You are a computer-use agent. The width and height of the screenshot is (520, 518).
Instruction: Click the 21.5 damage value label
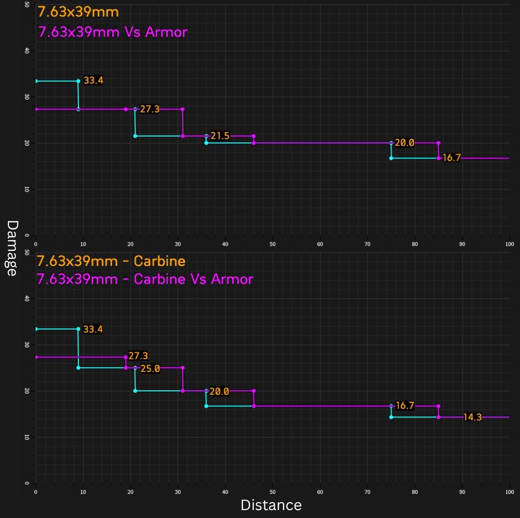pyautogui.click(x=220, y=136)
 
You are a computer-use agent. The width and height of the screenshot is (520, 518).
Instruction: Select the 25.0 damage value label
pyautogui.click(x=150, y=369)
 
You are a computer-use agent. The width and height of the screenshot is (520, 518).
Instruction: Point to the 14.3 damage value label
pyautogui.click(x=472, y=417)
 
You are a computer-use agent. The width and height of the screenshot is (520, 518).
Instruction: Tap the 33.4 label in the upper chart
pyautogui.click(x=93, y=80)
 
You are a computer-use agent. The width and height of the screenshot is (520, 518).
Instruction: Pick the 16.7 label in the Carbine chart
pyautogui.click(x=405, y=406)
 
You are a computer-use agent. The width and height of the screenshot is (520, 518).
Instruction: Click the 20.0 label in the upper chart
pyautogui.click(x=404, y=143)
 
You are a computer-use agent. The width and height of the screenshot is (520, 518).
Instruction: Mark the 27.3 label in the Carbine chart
pyautogui.click(x=138, y=356)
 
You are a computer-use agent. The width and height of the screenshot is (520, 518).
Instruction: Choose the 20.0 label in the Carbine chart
pyautogui.click(x=219, y=391)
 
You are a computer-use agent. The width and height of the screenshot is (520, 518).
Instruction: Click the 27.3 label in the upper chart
pyautogui.click(x=149, y=109)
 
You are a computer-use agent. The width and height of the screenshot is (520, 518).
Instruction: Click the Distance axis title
pyautogui.click(x=271, y=505)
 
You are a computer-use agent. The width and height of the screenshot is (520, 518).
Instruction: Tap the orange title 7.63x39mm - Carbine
pyautogui.click(x=111, y=261)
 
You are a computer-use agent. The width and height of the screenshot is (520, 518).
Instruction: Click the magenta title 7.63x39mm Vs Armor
pyautogui.click(x=113, y=33)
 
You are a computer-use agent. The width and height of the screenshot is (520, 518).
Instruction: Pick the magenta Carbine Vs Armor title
pyautogui.click(x=145, y=279)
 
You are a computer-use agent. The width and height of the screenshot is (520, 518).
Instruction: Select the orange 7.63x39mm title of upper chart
pyautogui.click(x=78, y=11)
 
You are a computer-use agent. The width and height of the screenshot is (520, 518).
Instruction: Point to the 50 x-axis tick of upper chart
pyautogui.click(x=272, y=244)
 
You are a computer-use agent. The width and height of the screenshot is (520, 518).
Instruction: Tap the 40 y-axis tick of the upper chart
pyautogui.click(x=27, y=51)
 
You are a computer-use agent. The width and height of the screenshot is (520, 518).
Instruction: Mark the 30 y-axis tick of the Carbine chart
pyautogui.click(x=27, y=345)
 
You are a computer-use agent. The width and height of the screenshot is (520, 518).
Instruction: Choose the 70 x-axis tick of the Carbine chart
pyautogui.click(x=367, y=492)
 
